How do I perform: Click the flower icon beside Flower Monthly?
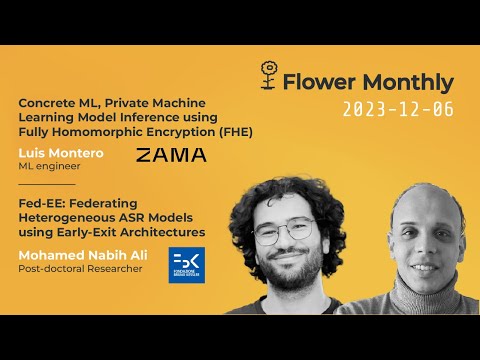267,75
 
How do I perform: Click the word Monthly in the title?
409,83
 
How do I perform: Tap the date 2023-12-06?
396,110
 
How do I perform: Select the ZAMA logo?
171,154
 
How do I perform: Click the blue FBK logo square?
186,264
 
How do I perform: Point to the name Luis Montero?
60,152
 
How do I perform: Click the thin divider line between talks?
46,184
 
